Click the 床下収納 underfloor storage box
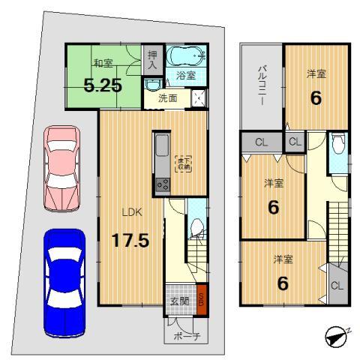182,163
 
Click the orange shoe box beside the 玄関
201,297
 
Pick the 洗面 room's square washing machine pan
198,97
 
